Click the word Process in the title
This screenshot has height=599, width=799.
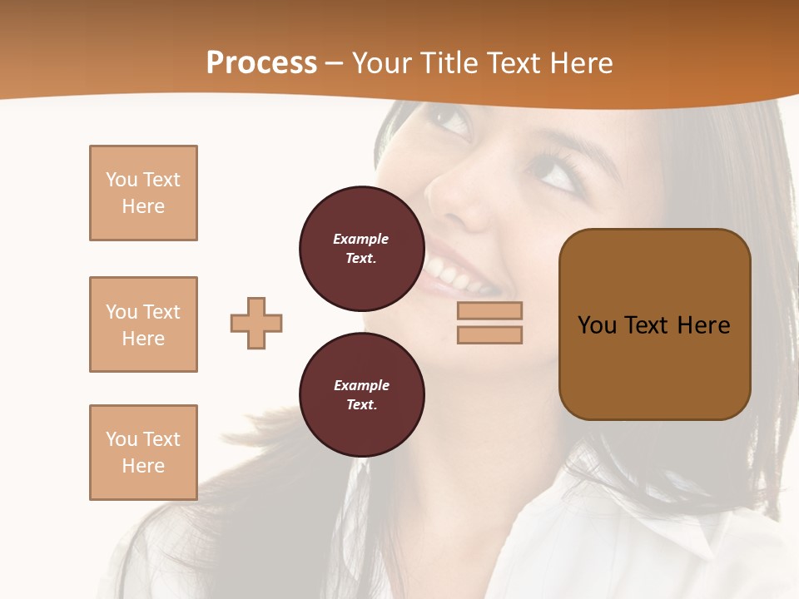[x=261, y=63]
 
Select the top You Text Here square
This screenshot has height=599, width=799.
[x=143, y=193]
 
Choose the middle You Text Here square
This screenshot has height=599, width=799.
[x=143, y=324]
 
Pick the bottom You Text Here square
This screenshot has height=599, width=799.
[x=143, y=453]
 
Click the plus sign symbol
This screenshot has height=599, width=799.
[x=256, y=323]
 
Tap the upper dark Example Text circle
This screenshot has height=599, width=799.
[x=361, y=248]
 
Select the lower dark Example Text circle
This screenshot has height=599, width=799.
[x=361, y=394]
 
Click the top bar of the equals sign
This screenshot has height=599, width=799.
[x=489, y=311]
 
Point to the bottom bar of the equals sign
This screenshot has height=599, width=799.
[x=489, y=334]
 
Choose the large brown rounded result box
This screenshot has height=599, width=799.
[x=654, y=324]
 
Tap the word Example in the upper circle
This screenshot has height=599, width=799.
[x=361, y=239]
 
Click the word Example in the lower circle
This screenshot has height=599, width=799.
[x=361, y=385]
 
